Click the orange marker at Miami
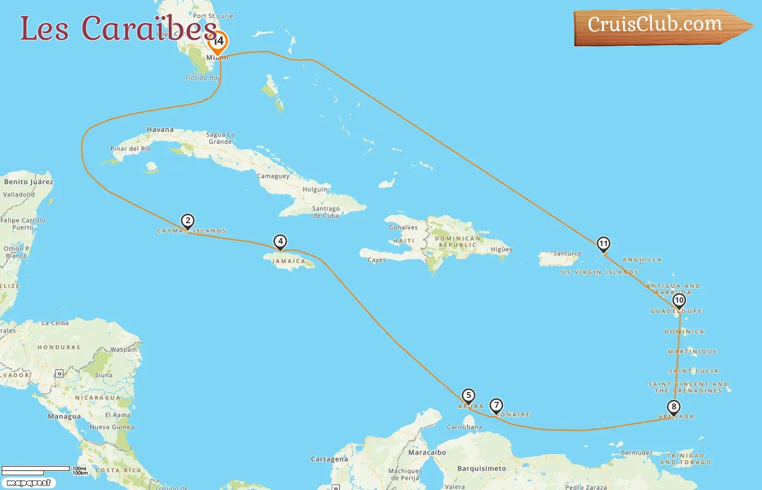point(218,41)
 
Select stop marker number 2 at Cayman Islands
point(188,220)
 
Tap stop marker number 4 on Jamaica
point(280,241)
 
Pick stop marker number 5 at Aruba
point(469,396)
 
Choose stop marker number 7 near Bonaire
point(496,406)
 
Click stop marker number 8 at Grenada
point(674,407)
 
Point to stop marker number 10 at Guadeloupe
point(679,300)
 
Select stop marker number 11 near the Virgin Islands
point(603,243)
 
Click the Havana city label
point(160,130)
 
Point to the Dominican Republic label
point(458,242)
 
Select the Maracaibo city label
point(427,452)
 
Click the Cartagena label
point(329,459)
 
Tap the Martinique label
point(693,352)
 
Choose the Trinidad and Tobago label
point(685,459)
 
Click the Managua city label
point(64,416)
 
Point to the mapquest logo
point(28,482)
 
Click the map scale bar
point(36,469)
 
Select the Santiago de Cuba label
point(326,212)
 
